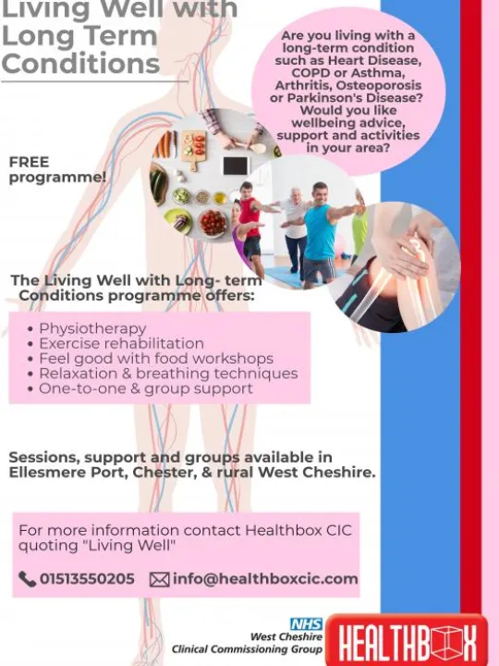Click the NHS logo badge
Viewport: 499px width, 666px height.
tap(306, 624)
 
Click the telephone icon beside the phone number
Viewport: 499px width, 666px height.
tap(27, 580)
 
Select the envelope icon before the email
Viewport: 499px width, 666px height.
tap(159, 580)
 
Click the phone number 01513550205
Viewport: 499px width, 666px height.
tap(87, 580)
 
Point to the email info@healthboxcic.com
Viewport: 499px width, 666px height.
tap(264, 580)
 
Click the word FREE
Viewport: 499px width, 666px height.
tap(29, 162)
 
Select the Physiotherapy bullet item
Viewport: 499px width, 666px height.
tap(92, 328)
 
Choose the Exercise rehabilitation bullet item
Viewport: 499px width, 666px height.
tap(121, 343)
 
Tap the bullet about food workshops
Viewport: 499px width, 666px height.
tap(155, 358)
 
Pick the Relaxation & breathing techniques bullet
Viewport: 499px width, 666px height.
tap(168, 374)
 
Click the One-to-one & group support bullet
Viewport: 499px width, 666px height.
tap(145, 388)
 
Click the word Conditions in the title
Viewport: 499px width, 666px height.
tap(79, 64)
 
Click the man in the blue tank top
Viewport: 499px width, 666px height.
tap(320, 231)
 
